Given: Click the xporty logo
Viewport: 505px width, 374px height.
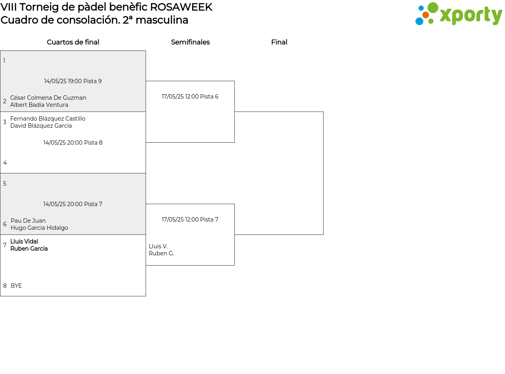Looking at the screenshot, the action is pos(458,14).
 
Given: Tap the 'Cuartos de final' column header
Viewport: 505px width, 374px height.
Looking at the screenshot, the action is pos(73,42).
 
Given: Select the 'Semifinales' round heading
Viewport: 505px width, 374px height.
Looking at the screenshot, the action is pos(190,42).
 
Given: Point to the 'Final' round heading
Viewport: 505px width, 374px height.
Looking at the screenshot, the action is pos(279,42).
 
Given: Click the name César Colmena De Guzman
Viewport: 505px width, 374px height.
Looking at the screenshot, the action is pos(48,98).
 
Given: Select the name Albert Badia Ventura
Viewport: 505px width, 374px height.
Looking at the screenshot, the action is pos(39,105).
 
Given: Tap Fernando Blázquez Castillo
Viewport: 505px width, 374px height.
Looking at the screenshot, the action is pos(48,119).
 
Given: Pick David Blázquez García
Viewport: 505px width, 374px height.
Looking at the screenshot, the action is pos(41,126).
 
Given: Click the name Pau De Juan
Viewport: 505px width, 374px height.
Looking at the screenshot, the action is pos(28,220).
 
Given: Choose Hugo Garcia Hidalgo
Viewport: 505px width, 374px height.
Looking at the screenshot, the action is pos(39,228).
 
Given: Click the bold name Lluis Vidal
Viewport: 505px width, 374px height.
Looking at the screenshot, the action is pos(24,241).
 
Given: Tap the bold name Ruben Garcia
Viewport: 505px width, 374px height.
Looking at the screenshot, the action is pos(29,248).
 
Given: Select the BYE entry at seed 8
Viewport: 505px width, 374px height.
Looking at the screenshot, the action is pos(16,285).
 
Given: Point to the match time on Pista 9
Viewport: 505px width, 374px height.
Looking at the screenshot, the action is pos(73,81).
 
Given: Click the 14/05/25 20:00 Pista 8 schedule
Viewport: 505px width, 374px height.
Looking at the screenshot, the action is pos(73,142).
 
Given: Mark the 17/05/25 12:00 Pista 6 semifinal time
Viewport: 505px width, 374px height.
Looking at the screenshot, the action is pos(190,97).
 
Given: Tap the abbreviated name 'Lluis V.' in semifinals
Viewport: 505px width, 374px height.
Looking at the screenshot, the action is pos(158,246).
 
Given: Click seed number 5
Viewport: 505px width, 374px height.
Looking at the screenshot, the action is pos(5,184).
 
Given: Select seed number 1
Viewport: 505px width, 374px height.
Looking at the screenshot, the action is pos(4,61).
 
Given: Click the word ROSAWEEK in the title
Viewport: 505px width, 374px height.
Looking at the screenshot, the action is pos(181,7).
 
